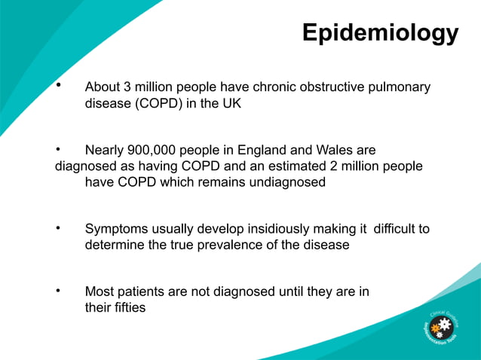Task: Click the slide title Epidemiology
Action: pos(379,33)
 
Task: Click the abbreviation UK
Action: pos(231,104)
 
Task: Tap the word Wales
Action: pos(331,151)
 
